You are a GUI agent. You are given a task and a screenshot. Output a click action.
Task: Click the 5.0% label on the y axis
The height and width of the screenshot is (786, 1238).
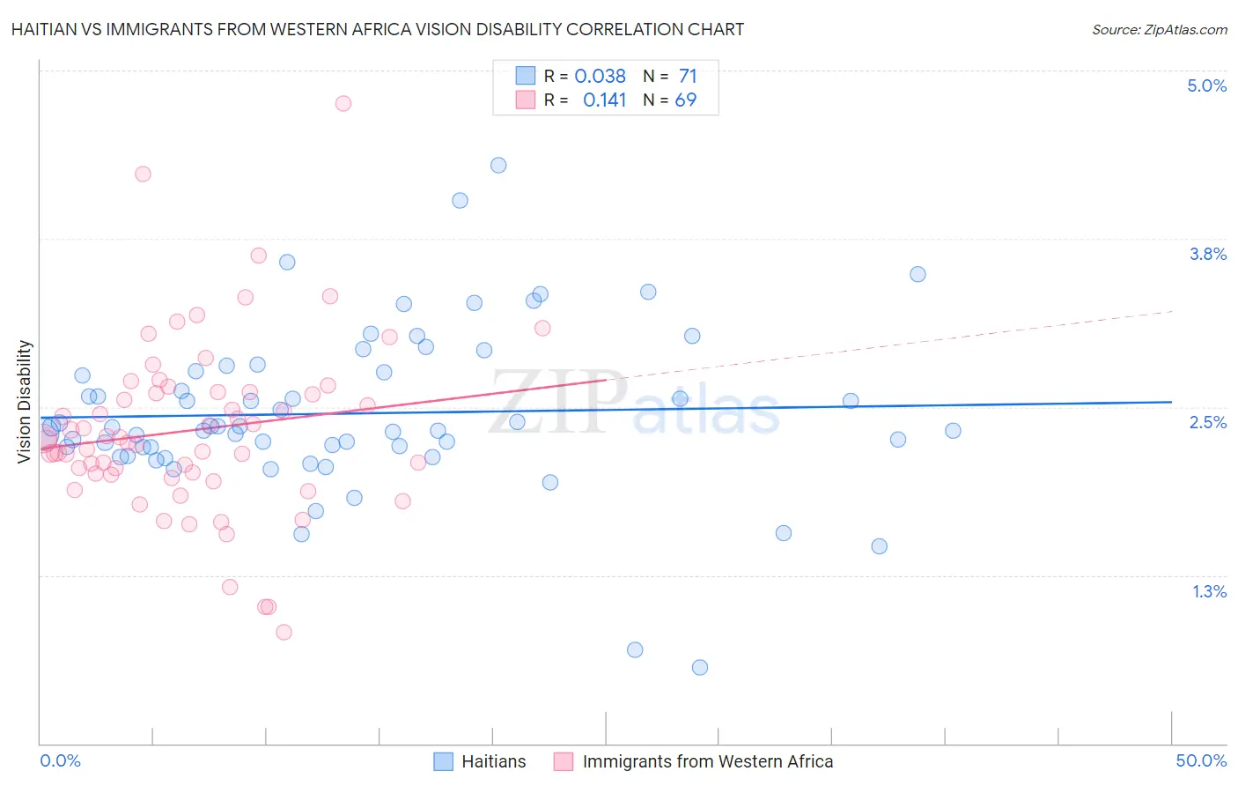(x=1206, y=85)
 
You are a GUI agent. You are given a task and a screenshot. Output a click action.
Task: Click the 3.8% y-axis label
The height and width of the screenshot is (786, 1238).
(x=1207, y=254)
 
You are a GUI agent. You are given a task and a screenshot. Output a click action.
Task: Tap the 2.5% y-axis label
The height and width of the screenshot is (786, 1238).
(x=1207, y=422)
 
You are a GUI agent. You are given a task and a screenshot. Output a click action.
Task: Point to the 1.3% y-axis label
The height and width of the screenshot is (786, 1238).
(x=1209, y=591)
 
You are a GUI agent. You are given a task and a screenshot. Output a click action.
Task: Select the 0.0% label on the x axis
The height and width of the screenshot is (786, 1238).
(x=60, y=760)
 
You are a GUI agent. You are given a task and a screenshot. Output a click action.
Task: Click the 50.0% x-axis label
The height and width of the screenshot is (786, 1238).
(x=1200, y=760)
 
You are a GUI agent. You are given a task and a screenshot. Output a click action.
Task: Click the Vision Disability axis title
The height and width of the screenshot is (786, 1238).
(x=24, y=401)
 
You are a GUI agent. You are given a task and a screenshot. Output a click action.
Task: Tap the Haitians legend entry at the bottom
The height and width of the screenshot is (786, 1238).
(x=493, y=761)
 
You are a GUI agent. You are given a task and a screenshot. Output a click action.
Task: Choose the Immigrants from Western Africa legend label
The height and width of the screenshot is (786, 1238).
(x=707, y=761)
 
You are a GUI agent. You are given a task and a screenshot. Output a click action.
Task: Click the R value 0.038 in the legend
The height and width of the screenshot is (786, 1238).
(x=600, y=76)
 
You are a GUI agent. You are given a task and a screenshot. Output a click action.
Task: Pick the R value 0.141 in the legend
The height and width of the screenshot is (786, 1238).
(x=604, y=100)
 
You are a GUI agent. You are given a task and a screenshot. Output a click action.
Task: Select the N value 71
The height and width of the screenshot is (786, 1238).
(x=688, y=76)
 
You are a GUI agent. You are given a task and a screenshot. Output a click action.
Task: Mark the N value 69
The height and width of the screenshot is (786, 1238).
(x=685, y=100)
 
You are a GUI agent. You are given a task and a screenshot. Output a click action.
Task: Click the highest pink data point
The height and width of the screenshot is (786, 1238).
(x=343, y=103)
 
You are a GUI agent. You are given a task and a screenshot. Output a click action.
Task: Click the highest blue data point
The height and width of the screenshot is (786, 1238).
(x=498, y=165)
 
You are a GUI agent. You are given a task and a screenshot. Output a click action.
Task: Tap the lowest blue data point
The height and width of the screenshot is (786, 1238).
(x=700, y=667)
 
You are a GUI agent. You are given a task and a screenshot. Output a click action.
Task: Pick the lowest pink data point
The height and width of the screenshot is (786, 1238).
(x=284, y=632)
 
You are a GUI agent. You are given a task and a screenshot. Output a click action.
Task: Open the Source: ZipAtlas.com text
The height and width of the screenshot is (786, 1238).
(x=1159, y=29)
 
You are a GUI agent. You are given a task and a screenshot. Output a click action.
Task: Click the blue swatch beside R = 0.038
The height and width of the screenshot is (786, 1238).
(x=526, y=76)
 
